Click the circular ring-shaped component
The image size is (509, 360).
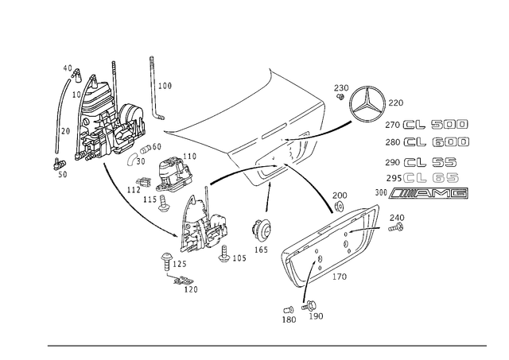pyautogui.click(x=367, y=103)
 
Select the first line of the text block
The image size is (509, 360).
pyautogui.click(x=427, y=126)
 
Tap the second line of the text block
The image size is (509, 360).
pyautogui.click(x=427, y=143)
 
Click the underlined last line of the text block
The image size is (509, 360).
pyautogui.click(x=421, y=193)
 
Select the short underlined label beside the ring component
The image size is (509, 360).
pyautogui.click(x=396, y=101)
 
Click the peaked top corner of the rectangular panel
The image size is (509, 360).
pyautogui.click(x=274, y=73)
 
